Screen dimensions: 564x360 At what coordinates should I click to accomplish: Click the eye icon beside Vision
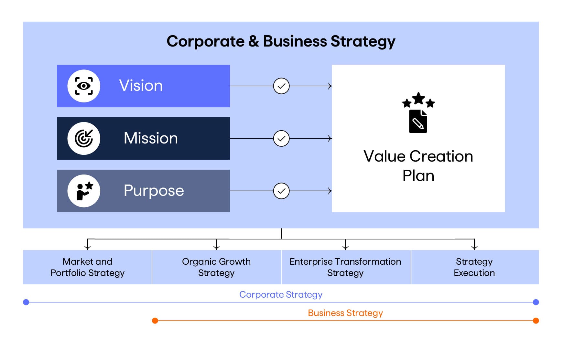(84, 86)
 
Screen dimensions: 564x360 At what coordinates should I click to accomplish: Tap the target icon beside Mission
(84, 138)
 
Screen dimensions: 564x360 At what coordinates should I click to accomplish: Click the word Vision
(141, 86)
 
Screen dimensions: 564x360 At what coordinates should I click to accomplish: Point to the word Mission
(151, 138)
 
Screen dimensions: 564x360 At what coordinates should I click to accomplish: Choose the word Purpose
(154, 191)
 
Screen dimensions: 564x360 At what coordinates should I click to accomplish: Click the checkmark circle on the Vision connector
(281, 86)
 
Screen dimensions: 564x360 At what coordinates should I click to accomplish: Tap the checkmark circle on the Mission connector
(281, 138)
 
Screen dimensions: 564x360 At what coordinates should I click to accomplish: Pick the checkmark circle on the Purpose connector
(281, 191)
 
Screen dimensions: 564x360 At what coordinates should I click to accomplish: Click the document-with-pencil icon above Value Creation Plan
(418, 121)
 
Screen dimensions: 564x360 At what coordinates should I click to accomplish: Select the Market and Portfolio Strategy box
(87, 267)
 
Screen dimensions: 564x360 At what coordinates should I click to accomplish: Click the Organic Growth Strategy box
(217, 267)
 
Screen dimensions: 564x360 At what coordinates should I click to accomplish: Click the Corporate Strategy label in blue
(281, 295)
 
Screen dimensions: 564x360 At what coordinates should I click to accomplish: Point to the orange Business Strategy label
(345, 313)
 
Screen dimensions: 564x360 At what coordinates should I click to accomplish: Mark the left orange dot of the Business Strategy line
(155, 321)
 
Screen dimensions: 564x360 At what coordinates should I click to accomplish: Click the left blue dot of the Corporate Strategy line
(26, 302)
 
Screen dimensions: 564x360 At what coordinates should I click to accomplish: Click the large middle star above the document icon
(418, 98)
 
